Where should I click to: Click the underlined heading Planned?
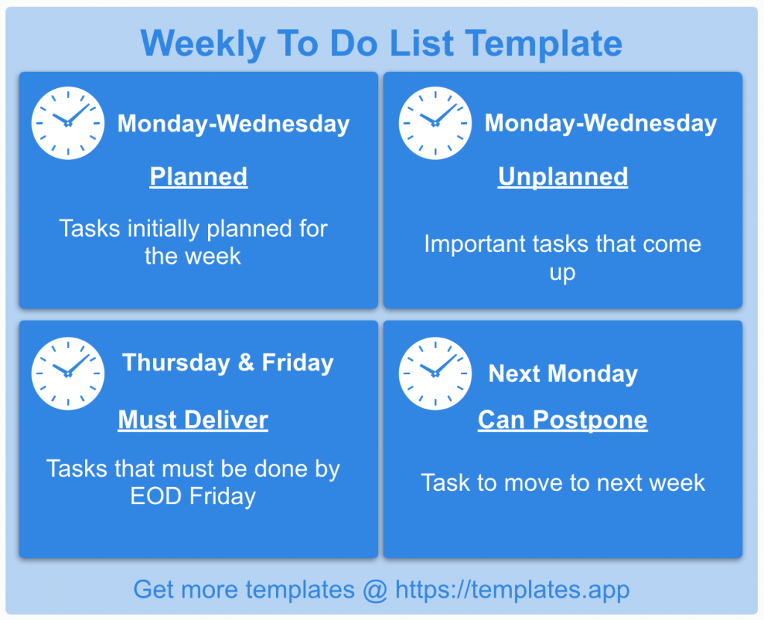click(x=198, y=177)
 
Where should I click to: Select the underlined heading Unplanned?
click(x=563, y=177)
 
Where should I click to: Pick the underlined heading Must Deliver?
click(x=192, y=420)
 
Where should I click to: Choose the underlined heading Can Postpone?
click(x=563, y=420)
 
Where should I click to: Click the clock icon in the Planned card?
click(x=68, y=123)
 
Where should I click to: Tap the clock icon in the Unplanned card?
click(x=435, y=123)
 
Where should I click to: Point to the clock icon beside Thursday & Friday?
click(x=68, y=373)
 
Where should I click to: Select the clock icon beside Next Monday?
click(x=435, y=373)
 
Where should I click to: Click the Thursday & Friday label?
click(x=228, y=363)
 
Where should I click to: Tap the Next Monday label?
click(x=563, y=373)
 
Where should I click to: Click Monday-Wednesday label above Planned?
click(x=234, y=123)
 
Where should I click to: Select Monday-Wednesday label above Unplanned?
click(x=601, y=123)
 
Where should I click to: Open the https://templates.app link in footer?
click(x=512, y=590)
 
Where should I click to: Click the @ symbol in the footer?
click(x=375, y=590)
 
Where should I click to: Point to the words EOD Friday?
click(x=192, y=497)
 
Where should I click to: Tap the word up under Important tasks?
click(x=563, y=273)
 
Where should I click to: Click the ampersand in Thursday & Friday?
click(x=245, y=363)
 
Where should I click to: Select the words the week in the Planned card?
click(x=192, y=256)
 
